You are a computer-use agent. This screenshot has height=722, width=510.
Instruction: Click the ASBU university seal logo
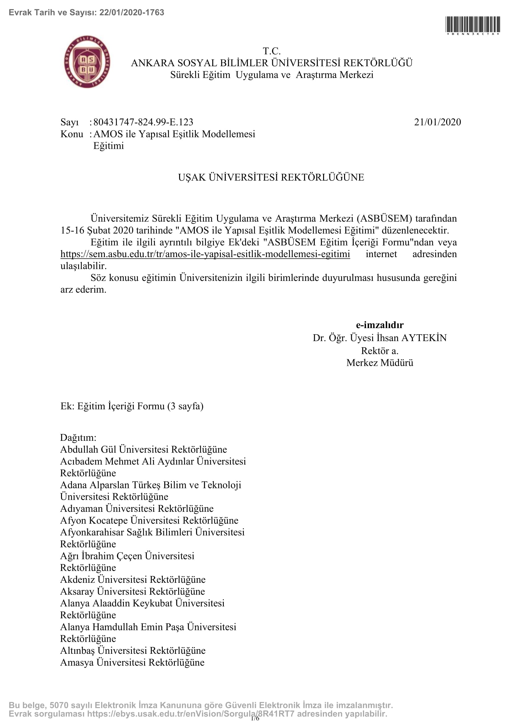pyautogui.click(x=87, y=62)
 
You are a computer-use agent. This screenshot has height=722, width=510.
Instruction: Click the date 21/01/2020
pyautogui.click(x=437, y=122)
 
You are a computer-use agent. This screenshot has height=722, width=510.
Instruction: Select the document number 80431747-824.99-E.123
pyautogui.click(x=143, y=122)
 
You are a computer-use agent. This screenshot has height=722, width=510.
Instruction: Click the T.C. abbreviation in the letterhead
pyautogui.click(x=272, y=51)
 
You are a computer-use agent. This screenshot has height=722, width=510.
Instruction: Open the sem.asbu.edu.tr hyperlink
pyautogui.click(x=205, y=254)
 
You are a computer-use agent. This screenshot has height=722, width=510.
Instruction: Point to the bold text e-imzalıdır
pyautogui.click(x=379, y=325)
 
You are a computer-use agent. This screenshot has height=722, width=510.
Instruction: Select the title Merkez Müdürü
pyautogui.click(x=379, y=363)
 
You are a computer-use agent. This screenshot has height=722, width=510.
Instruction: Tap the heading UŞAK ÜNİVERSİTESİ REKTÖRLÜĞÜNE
pyautogui.click(x=271, y=177)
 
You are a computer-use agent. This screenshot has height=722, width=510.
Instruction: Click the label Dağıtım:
pyautogui.click(x=78, y=437)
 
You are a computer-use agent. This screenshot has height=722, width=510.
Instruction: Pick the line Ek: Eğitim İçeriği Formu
pyautogui.click(x=132, y=406)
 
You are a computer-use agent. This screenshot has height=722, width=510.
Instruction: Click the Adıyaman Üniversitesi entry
pyautogui.click(x=137, y=508)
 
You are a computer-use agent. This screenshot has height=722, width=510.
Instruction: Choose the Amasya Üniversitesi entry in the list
pyautogui.click(x=132, y=662)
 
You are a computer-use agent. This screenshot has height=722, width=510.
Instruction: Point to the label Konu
pyautogui.click(x=72, y=134)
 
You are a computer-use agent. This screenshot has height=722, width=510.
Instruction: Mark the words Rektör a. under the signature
pyautogui.click(x=379, y=350)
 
